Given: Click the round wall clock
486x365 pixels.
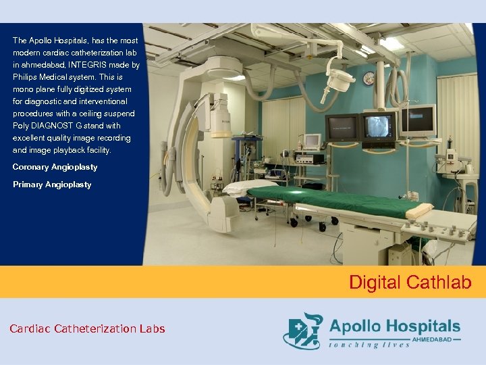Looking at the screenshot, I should (369, 78).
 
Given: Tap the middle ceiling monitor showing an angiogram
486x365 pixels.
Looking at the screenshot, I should (378, 127).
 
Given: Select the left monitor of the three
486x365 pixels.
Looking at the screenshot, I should (342, 128).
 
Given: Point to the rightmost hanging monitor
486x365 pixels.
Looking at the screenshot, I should (418, 122).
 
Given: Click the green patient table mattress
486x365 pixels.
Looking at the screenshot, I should (331, 200).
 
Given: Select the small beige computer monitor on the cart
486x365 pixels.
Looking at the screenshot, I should (311, 141).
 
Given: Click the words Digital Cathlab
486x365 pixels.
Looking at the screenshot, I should (410, 282).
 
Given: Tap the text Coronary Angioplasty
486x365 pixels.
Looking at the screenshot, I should (55, 167).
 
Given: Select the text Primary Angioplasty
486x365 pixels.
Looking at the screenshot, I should (52, 185).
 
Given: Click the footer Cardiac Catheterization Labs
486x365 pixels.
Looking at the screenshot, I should (87, 329).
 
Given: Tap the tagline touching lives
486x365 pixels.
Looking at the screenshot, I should (370, 345).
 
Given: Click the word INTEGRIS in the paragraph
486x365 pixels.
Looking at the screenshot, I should (103, 65).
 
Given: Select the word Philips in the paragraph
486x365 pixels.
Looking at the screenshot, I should (28, 77).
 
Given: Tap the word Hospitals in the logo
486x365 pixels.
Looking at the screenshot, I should (421, 326).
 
